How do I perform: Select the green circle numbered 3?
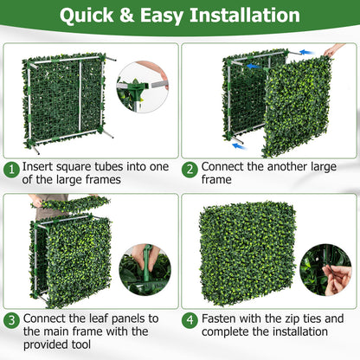12,319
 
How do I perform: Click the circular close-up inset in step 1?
144,84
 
